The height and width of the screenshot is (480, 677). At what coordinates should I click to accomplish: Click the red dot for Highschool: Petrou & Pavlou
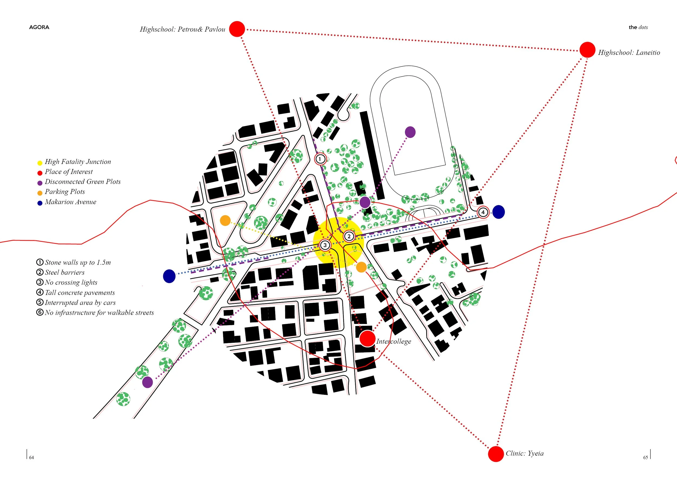coord(237,29)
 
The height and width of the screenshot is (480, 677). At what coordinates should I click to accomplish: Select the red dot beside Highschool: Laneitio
coord(587,50)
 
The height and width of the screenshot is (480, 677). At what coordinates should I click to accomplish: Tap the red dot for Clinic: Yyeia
coord(496,454)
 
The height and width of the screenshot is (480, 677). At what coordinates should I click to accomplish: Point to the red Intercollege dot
coord(367,338)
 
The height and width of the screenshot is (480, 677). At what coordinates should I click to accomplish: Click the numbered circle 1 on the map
coord(320,159)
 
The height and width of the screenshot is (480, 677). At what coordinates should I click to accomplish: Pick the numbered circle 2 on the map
coord(349,236)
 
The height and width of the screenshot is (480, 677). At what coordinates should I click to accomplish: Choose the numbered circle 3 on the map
coord(325,245)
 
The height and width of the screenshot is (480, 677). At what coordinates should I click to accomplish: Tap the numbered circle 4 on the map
coord(483,212)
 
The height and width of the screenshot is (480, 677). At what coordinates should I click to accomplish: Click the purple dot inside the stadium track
coord(410,132)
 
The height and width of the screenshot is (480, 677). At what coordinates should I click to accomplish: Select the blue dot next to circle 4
coord(498,212)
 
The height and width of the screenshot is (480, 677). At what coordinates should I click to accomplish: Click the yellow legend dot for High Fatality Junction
coord(40,163)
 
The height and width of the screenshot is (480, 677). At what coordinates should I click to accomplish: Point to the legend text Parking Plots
coord(65,192)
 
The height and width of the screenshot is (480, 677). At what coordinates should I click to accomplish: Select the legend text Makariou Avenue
coord(70,202)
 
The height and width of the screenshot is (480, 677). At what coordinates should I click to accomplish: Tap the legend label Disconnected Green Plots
coord(83,182)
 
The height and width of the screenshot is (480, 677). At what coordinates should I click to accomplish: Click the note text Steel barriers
coord(65,272)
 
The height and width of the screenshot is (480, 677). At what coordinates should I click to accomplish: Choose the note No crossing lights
coord(71,282)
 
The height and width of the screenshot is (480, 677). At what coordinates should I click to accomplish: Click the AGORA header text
coord(39,27)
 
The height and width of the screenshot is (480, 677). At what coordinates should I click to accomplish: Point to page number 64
coord(31,458)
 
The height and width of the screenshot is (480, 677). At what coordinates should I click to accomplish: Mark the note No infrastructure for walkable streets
coord(99,313)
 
